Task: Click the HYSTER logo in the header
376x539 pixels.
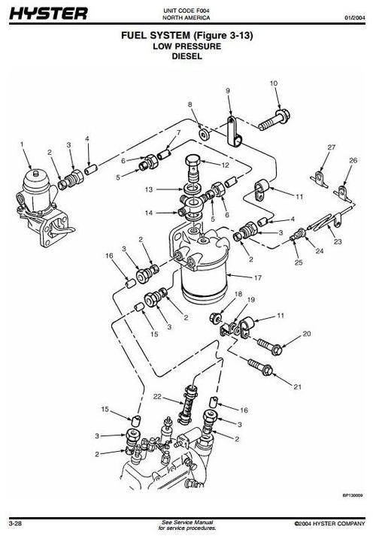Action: click(48, 13)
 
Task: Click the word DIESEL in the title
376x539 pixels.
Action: click(186, 55)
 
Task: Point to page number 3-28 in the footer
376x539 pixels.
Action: click(16, 522)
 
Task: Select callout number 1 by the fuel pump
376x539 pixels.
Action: click(23, 143)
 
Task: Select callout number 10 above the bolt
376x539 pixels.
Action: click(273, 83)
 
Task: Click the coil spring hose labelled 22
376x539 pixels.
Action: click(189, 409)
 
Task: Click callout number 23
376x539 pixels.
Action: click(338, 242)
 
